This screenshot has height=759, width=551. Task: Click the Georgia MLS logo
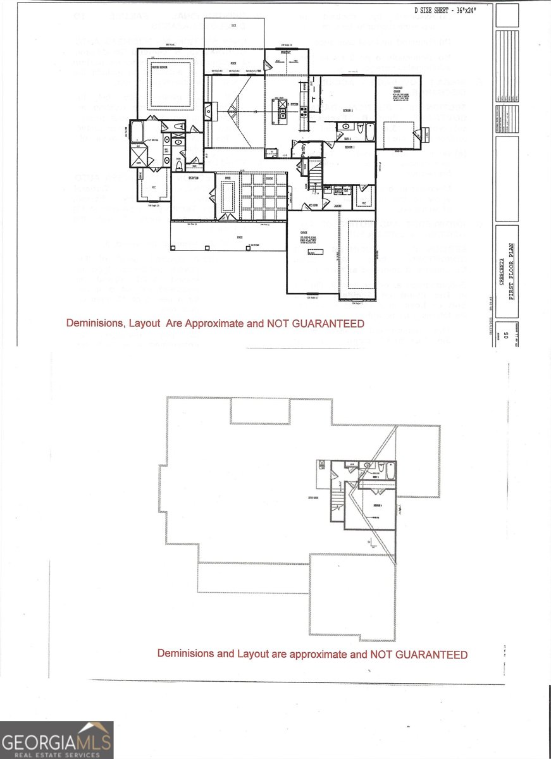pos(57,740)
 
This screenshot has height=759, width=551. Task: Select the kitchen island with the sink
pos(279,108)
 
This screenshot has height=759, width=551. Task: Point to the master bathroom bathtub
pos(137,132)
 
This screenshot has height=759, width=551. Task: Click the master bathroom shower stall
pos(139,156)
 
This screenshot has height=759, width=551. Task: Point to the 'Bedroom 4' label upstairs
pos(376,507)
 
